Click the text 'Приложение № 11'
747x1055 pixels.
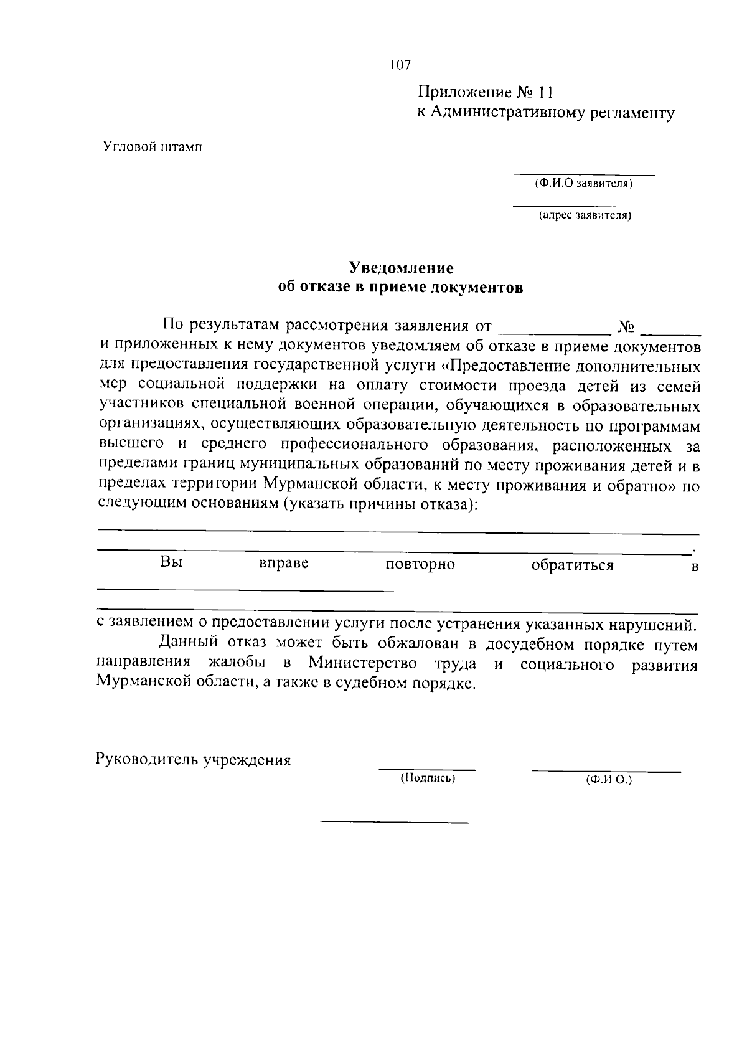click(486, 93)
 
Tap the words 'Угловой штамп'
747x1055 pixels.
click(153, 148)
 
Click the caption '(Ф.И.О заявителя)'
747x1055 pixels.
click(584, 184)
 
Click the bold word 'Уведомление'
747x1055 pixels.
click(401, 268)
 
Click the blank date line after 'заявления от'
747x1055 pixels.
click(555, 328)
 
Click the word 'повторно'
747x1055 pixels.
click(420, 565)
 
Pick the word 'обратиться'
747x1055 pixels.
click(572, 565)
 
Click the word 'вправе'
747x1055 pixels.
click(284, 564)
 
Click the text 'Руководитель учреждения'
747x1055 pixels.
click(194, 760)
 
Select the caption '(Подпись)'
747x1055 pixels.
click(427, 778)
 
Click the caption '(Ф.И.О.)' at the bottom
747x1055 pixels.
click(608, 779)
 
